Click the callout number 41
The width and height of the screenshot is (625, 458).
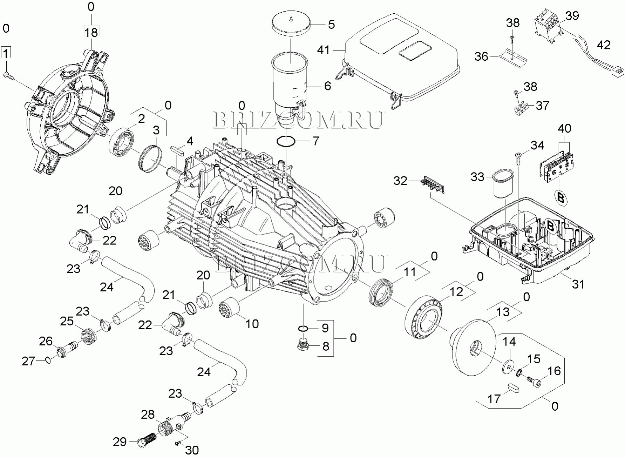[323, 50]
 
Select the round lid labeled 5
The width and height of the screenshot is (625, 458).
[291, 24]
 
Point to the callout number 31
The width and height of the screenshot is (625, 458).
[578, 284]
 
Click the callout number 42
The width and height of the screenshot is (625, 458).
[604, 45]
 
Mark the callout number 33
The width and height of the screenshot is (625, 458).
[477, 177]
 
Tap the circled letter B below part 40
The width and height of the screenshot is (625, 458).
[561, 197]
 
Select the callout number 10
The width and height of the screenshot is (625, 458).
[252, 323]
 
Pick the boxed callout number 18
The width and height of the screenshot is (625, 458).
[91, 32]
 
